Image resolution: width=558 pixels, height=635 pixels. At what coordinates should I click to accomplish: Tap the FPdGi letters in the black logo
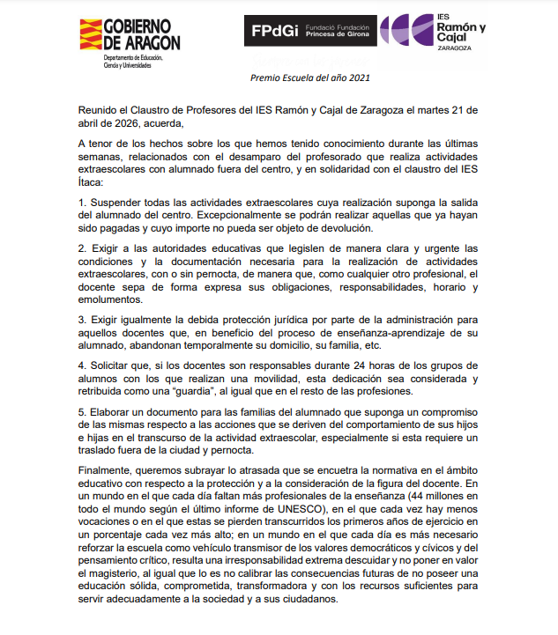pyautogui.click(x=274, y=31)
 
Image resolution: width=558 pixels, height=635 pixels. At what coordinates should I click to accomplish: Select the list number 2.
pyautogui.click(x=82, y=247)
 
